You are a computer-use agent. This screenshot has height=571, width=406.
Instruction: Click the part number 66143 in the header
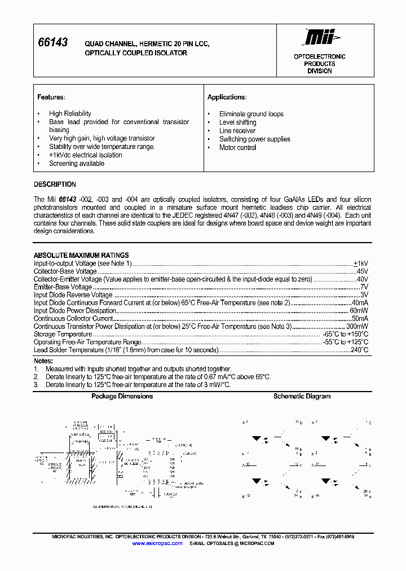52,43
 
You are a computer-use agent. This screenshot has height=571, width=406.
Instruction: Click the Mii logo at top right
320,37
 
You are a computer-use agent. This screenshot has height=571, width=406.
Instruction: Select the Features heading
51,97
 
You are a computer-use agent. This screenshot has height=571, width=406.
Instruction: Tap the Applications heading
227,97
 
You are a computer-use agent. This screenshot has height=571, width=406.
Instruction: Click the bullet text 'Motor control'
237,148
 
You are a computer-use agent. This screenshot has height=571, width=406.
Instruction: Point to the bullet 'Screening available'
77,164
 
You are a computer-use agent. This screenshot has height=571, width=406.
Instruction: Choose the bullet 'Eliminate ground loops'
251,114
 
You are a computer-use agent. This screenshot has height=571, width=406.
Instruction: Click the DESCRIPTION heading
55,185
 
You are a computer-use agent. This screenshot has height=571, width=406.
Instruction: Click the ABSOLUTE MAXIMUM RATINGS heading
81,255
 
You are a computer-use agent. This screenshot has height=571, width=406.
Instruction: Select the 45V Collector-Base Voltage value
361,271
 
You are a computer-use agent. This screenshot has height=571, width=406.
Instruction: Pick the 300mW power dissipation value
357,327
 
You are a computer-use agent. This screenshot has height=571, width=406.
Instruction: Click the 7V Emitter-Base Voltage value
364,287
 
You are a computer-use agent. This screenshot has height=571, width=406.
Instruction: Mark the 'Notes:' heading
43,361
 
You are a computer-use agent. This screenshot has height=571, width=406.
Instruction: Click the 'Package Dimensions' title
122,397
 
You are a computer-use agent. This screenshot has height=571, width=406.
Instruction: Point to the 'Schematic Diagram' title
302,397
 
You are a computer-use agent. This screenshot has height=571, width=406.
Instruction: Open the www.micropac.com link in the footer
157,543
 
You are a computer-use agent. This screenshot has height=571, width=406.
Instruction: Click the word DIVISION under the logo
319,71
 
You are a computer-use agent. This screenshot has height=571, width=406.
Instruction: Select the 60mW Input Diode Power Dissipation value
359,311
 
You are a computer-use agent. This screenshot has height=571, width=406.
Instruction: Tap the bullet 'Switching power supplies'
254,139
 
